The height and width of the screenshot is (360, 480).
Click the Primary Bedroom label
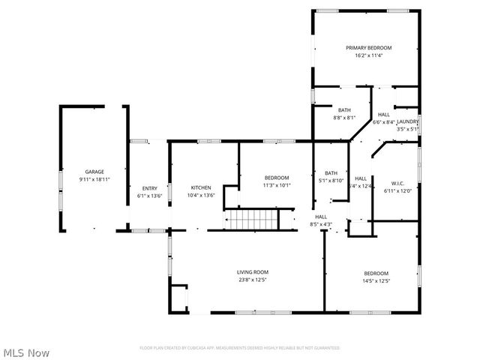pyautogui.click(x=368, y=48)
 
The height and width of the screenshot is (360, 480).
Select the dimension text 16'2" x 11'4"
pyautogui.click(x=368, y=55)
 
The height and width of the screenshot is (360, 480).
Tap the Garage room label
pyautogui.click(x=94, y=172)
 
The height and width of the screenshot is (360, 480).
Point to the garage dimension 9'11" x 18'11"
pyautogui.click(x=94, y=179)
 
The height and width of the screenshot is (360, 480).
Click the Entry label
pyautogui.click(x=150, y=188)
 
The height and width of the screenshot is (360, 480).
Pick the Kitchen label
pyautogui.click(x=201, y=188)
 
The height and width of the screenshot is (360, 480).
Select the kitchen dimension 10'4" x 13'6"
pyautogui.click(x=201, y=196)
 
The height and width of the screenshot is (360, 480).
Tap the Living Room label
pyautogui.click(x=253, y=272)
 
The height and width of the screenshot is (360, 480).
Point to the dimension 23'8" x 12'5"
pyautogui.click(x=253, y=280)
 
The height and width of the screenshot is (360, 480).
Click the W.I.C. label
pyautogui.click(x=397, y=182)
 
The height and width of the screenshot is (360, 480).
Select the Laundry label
pyautogui.click(x=407, y=121)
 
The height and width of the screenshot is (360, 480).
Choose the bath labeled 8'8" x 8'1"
pyautogui.click(x=344, y=114)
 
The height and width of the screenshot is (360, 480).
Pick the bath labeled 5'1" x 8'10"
pyautogui.click(x=331, y=176)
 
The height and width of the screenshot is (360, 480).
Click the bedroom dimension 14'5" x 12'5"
pyautogui.click(x=376, y=280)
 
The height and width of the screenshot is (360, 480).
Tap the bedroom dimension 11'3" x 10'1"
pyautogui.click(x=277, y=185)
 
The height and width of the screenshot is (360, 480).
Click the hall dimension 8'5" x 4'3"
pyautogui.click(x=320, y=224)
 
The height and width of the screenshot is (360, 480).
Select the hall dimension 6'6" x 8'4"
pyautogui.click(x=383, y=122)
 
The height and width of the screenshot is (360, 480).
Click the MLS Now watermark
pyautogui.click(x=26, y=352)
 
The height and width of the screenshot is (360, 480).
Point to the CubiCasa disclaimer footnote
pyautogui.click(x=240, y=348)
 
